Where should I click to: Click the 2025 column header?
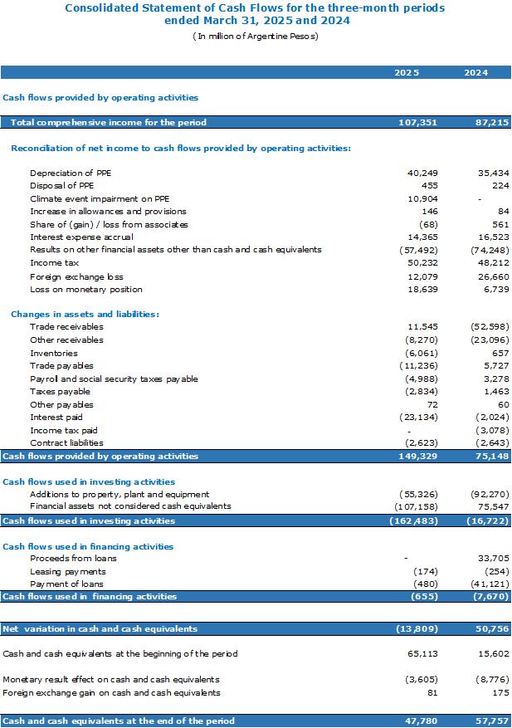pyautogui.click(x=407, y=72)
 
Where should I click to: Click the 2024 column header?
pyautogui.click(x=475, y=72)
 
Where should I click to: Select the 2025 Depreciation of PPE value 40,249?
pyautogui.click(x=422, y=173)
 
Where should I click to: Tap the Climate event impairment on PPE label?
pyautogui.click(x=100, y=198)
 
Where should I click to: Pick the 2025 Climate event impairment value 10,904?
pyautogui.click(x=422, y=198)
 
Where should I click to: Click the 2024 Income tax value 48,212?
pyautogui.click(x=494, y=263)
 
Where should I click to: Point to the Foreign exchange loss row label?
pyautogui.click(x=76, y=276)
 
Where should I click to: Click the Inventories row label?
pyautogui.click(x=54, y=353)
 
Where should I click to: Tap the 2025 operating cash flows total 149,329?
pyautogui.click(x=417, y=456)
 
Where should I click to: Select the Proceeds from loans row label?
pyautogui.click(x=73, y=558)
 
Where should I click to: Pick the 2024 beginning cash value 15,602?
pyautogui.click(x=494, y=654)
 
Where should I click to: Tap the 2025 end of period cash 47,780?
pyautogui.click(x=421, y=721)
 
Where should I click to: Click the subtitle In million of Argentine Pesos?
pyautogui.click(x=256, y=37)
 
